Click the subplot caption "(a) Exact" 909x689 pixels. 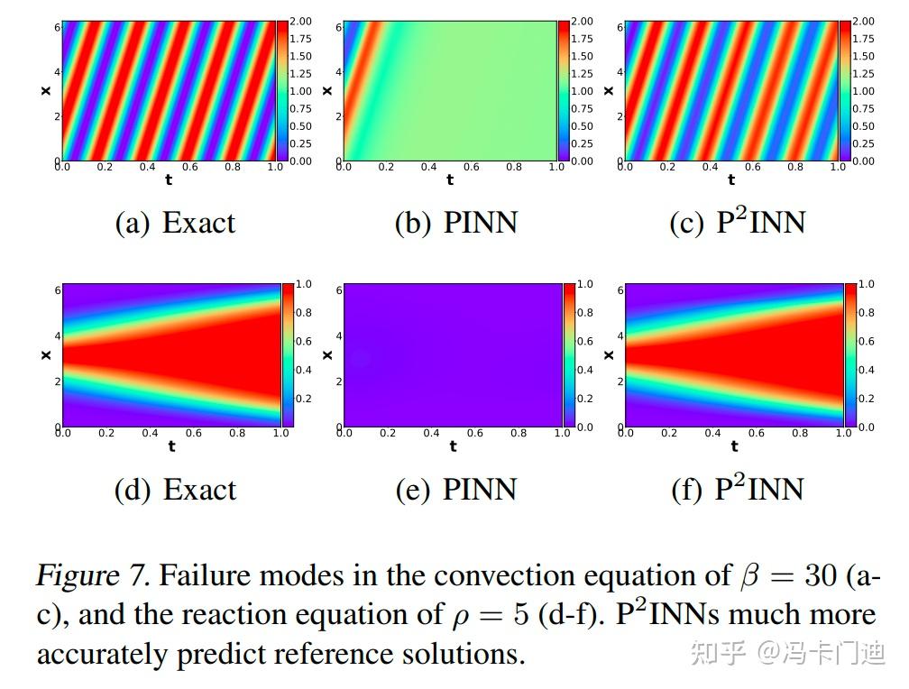tap(175, 223)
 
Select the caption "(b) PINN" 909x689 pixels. tap(456, 223)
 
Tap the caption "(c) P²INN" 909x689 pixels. tap(737, 222)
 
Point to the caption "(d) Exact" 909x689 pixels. tap(175, 490)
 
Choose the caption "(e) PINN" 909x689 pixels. tap(456, 490)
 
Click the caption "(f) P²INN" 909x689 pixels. tap(737, 489)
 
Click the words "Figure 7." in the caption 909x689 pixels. tap(94, 575)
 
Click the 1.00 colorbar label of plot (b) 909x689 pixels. tap(582, 91)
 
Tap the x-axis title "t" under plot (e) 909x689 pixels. tap(453, 446)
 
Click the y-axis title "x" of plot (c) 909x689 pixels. tap(610, 90)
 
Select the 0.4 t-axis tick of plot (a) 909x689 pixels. tap(148, 168)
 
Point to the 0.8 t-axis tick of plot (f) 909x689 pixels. tap(800, 434)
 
